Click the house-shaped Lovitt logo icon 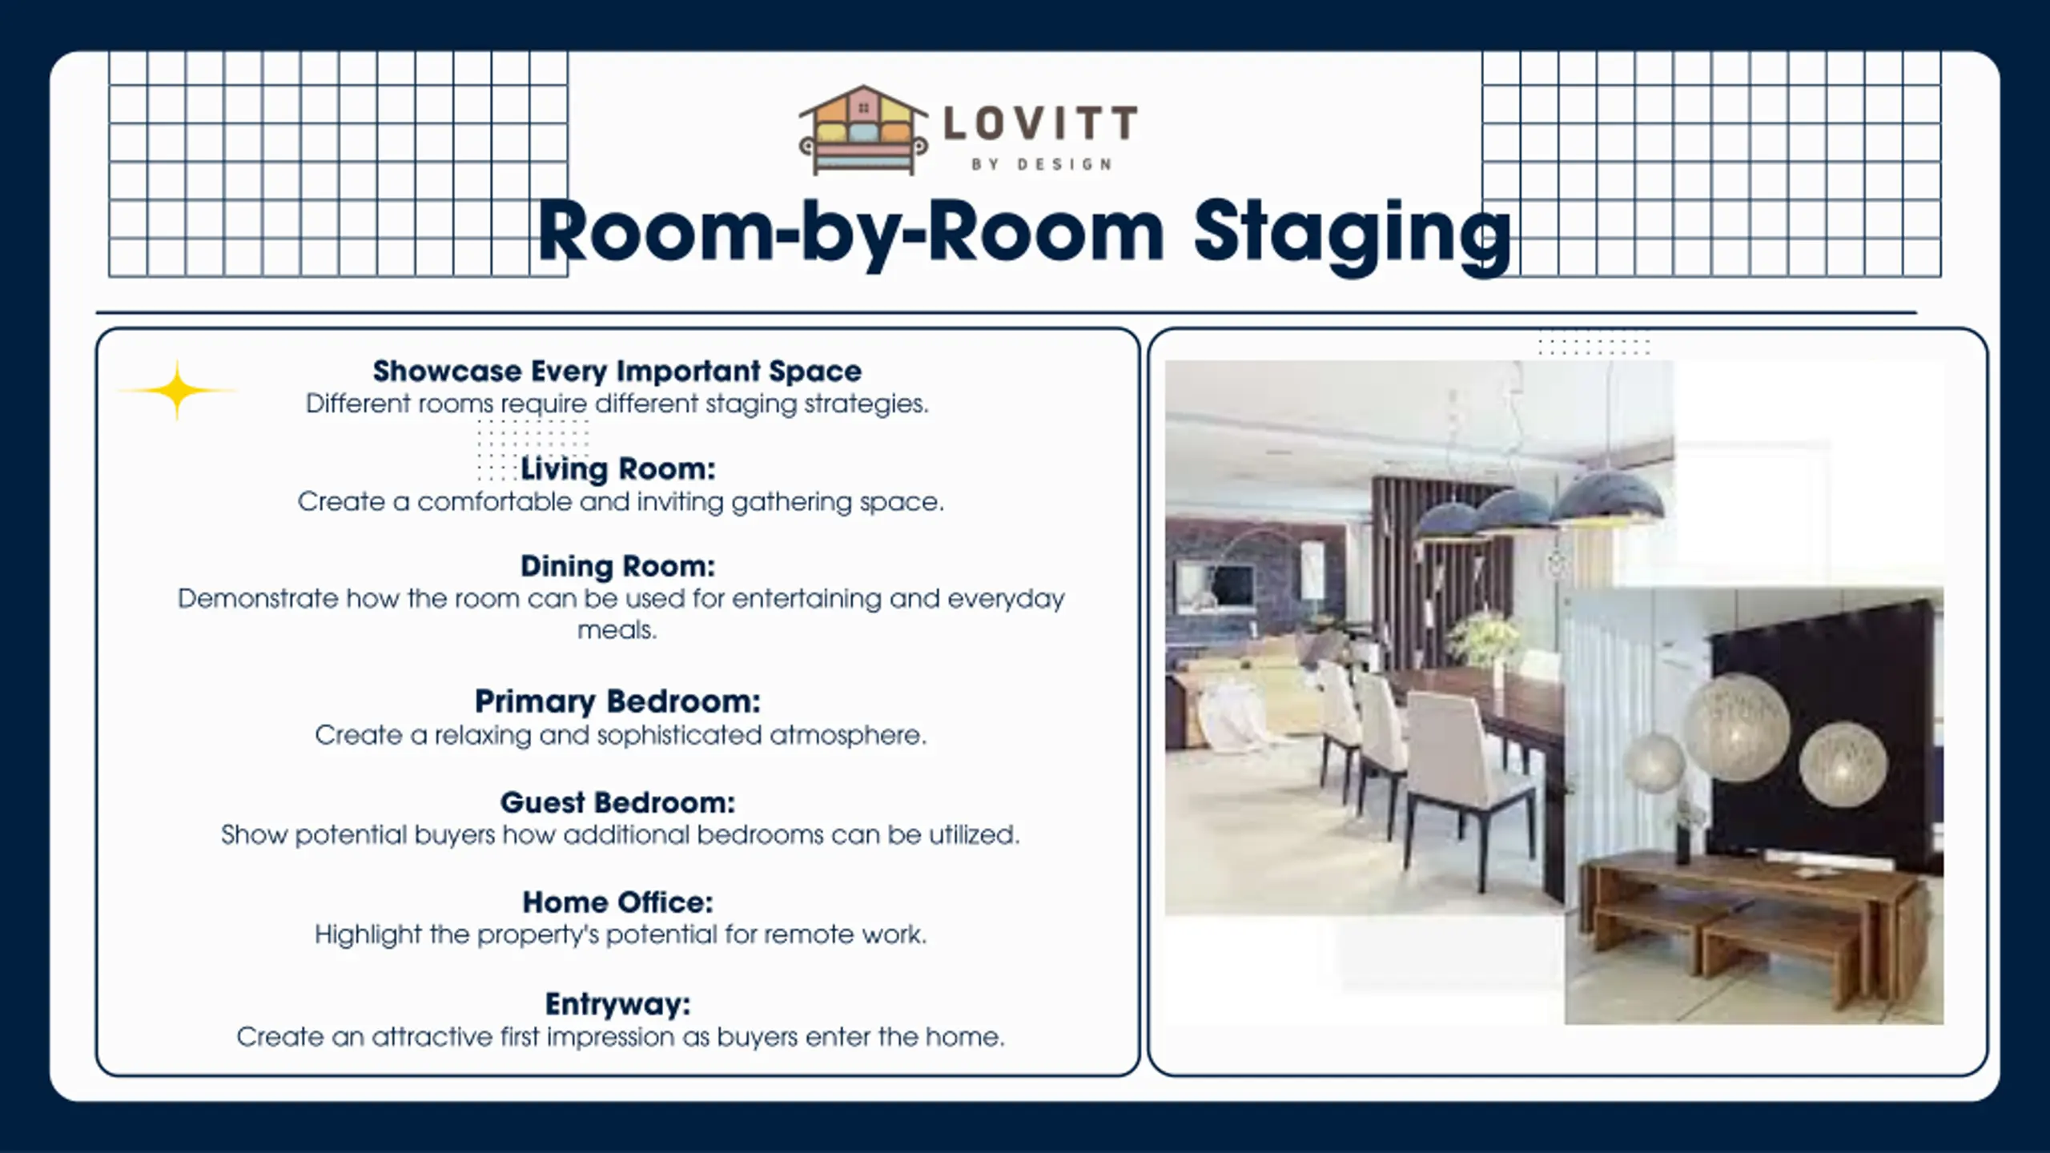863,131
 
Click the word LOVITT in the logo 1040,123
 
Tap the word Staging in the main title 1353,234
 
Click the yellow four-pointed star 177,391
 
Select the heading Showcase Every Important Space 617,371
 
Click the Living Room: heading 617,468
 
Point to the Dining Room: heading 617,566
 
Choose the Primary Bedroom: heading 617,701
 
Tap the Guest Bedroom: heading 617,801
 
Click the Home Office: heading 617,902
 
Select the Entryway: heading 617,1003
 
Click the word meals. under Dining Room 617,630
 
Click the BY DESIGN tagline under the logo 1041,164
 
